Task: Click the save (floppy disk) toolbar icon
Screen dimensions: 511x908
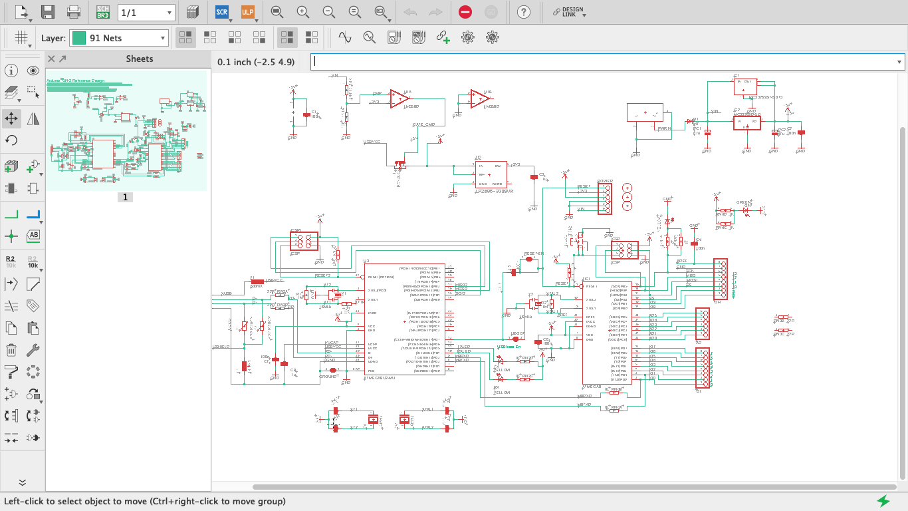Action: (x=47, y=12)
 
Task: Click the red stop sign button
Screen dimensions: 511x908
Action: (x=465, y=12)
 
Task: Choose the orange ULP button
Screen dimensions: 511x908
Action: (x=247, y=12)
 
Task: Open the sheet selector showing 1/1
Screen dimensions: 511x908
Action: (x=146, y=12)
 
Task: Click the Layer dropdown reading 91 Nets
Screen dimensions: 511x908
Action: (x=119, y=38)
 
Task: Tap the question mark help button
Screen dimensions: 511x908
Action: (x=524, y=12)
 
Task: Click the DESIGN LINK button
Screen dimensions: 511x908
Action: (x=570, y=12)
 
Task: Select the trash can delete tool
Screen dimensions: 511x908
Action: (x=11, y=350)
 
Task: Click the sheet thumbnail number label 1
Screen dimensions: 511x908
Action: (x=126, y=198)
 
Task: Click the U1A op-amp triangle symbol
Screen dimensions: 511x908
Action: (x=399, y=98)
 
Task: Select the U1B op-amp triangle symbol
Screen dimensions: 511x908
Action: (x=479, y=98)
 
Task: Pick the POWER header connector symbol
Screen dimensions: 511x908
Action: (x=604, y=198)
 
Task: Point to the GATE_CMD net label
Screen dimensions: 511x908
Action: (x=423, y=124)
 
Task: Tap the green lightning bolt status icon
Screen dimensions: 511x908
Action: (x=883, y=500)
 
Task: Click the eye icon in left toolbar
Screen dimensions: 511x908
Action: (x=33, y=71)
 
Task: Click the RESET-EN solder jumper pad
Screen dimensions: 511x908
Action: (x=528, y=259)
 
